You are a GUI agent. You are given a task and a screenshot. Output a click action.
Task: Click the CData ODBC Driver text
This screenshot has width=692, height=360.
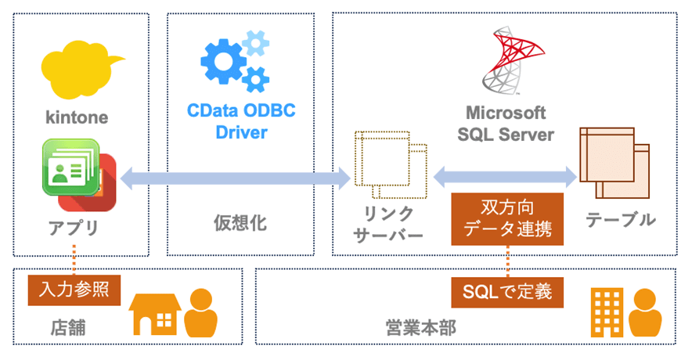pyautogui.click(x=240, y=122)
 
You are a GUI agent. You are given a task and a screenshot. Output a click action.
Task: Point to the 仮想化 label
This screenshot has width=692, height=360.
pyautogui.click(x=240, y=223)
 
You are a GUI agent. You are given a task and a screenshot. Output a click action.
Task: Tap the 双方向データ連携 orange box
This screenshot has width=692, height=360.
pyautogui.click(x=507, y=218)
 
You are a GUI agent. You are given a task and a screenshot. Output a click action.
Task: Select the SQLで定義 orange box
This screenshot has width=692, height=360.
pyautogui.click(x=507, y=293)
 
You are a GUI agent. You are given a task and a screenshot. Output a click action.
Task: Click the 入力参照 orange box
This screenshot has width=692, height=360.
pyautogui.click(x=74, y=289)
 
